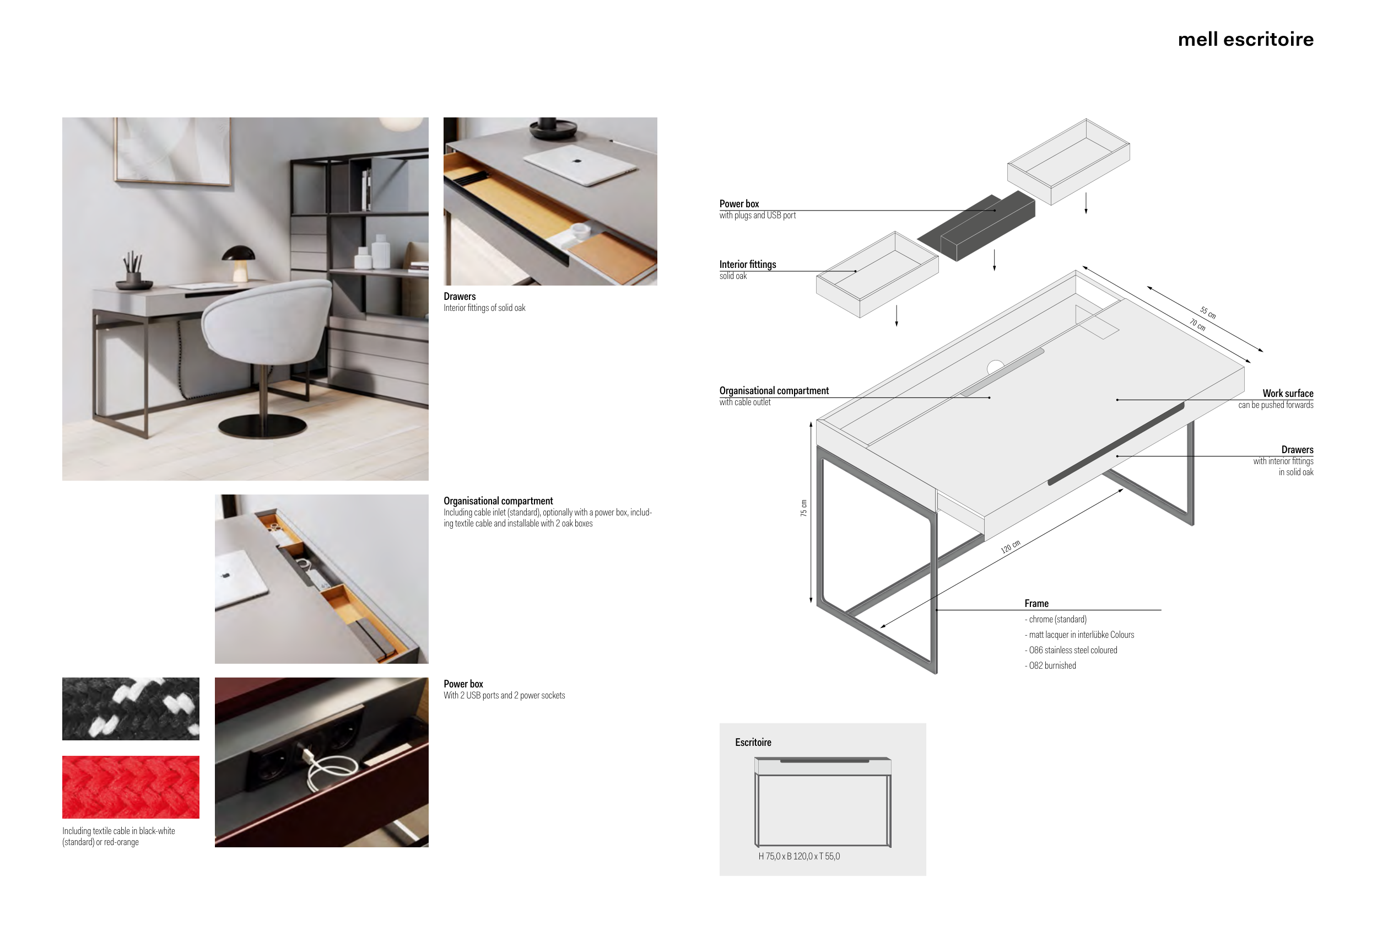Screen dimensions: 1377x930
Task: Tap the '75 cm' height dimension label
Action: (803, 508)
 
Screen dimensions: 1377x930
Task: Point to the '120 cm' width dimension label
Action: (1010, 546)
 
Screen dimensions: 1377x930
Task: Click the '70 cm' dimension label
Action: (1197, 324)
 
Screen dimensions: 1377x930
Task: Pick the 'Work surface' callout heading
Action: (1288, 394)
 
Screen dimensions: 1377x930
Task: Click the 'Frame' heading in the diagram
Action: (1036, 604)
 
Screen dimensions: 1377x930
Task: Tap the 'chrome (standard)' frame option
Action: (1056, 620)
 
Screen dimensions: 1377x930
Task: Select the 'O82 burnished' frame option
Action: (1051, 665)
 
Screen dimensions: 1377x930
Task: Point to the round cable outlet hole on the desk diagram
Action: (996, 367)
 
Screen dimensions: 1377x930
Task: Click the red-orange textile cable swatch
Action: (131, 787)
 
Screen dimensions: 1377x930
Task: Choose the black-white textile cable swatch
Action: (131, 709)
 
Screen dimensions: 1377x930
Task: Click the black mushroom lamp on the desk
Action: (238, 263)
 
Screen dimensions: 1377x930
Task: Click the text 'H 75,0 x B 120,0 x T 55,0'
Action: (799, 857)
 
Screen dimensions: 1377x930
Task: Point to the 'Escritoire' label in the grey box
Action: (753, 743)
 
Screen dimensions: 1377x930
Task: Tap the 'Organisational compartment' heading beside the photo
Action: (498, 501)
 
